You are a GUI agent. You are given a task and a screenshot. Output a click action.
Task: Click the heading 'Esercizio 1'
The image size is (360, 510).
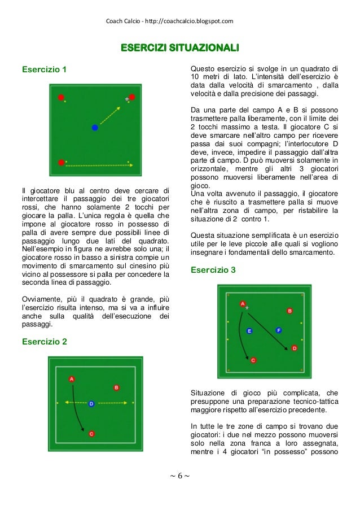point(43,70)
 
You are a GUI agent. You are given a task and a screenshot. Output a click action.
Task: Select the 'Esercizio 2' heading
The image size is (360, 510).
point(43,342)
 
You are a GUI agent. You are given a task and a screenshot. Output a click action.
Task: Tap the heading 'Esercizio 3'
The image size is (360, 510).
point(213,270)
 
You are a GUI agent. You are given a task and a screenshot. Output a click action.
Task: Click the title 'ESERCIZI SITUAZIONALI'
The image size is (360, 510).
point(179,46)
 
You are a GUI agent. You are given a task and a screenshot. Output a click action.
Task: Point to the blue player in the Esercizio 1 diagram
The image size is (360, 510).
point(95,128)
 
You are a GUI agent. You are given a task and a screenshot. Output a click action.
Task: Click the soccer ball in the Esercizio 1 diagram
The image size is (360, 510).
point(127,100)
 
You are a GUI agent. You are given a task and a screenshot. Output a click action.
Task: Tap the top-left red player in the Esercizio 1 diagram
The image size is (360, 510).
point(61,97)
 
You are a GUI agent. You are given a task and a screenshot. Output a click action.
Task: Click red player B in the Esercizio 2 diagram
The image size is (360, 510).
point(116,387)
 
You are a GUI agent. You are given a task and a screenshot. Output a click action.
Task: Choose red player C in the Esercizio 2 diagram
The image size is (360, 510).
point(91,434)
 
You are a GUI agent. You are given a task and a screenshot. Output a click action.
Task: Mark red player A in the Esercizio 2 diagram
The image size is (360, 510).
point(72,380)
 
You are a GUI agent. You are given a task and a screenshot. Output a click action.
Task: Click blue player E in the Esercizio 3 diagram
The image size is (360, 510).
point(249,330)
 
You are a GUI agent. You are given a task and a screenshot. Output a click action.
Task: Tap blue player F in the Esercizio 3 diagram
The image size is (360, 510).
point(278,329)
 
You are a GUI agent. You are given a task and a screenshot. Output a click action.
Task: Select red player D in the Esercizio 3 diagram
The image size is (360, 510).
point(294,348)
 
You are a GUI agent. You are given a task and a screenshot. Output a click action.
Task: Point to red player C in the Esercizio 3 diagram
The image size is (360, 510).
point(253,360)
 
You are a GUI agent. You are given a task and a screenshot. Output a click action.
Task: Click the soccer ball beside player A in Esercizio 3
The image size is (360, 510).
point(247,308)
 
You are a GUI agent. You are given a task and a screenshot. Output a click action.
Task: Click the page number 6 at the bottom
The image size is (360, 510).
point(179,476)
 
